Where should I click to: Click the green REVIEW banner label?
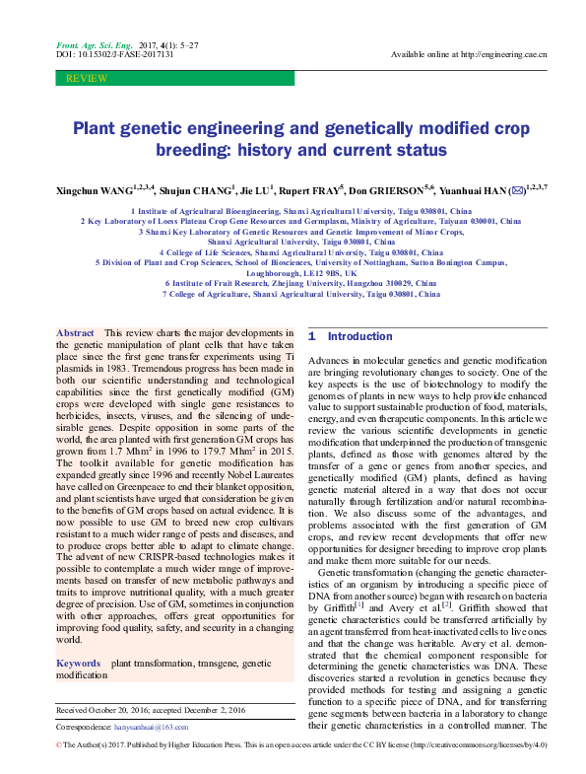82,77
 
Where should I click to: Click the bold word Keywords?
79,665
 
